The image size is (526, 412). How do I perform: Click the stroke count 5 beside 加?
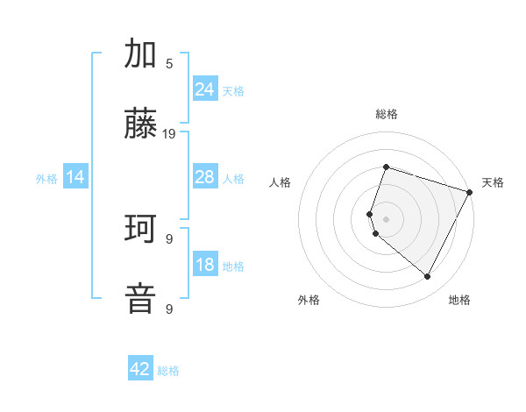(169, 63)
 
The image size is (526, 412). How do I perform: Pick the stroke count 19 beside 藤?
(169, 134)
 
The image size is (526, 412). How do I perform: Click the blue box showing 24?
(205, 89)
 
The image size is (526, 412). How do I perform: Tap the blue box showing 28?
(205, 177)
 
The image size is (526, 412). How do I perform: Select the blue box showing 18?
(205, 266)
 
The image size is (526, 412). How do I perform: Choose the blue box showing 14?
(75, 178)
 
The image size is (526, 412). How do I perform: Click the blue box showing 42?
(140, 369)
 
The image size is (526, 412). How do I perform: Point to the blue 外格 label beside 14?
(46, 179)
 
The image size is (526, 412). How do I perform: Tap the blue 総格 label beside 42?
(168, 371)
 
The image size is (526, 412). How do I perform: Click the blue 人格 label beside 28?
(233, 179)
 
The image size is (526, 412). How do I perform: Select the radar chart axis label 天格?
(493, 182)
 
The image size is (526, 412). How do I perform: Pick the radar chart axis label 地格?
(459, 300)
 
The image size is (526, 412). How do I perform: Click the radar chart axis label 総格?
(386, 114)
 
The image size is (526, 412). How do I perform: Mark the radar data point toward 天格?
(471, 191)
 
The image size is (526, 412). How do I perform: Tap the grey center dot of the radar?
(386, 218)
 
